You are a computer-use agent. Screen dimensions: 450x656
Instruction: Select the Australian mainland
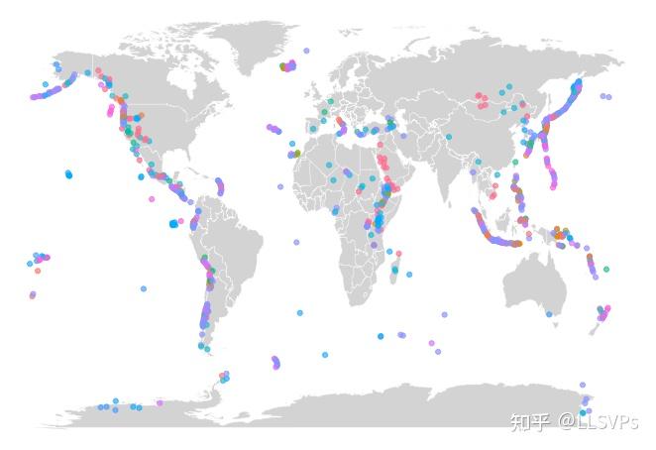pos(535,281)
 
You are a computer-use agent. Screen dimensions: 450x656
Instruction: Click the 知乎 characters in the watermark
pos(529,422)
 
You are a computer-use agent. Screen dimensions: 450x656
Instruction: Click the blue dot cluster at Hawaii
pos(68,174)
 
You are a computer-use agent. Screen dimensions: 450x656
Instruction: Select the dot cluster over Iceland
pos(287,66)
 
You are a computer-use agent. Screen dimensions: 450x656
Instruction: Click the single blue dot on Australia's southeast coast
pos(549,313)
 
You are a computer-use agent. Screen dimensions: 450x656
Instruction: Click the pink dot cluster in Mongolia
pos(484,99)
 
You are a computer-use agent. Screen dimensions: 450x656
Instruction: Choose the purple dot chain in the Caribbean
pos(219,185)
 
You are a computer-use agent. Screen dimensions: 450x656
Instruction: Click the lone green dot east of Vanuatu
pos(606,269)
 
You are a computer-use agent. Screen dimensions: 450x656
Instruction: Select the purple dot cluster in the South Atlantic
pos(275,363)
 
